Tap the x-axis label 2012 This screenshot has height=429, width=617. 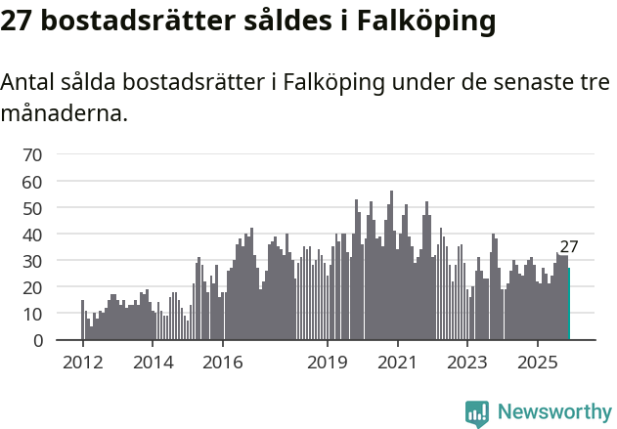pos(82,364)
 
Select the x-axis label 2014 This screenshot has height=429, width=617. pos(153,364)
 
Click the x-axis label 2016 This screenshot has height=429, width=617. pos(223,364)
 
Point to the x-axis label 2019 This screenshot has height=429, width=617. pos(328,364)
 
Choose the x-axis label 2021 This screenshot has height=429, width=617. pos(398,364)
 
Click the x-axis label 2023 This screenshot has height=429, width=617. pos(467,364)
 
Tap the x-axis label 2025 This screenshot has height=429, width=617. pos(538,364)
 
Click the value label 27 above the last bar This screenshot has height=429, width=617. pos(569,247)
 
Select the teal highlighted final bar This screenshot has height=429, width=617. pos(569,304)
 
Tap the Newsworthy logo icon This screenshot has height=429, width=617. pos(477,412)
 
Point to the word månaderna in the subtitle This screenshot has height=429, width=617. pos(65,113)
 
